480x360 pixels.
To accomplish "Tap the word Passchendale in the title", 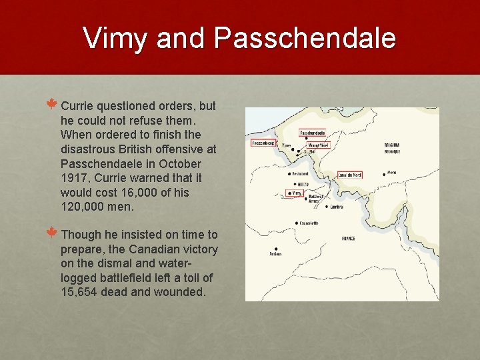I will (305, 38).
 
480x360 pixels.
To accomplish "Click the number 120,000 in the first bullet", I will (83, 207).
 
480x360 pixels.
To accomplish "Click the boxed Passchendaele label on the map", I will (312, 133).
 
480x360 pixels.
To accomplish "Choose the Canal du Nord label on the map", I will (349, 175).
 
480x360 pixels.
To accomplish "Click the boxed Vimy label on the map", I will (295, 193).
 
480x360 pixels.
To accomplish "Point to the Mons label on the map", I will (391, 171).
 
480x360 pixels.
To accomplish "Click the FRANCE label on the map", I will (348, 238).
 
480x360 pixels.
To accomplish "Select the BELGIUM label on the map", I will (391, 145).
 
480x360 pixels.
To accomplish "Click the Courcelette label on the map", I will (309, 223).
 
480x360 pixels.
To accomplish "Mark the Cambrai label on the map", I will (337, 207).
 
